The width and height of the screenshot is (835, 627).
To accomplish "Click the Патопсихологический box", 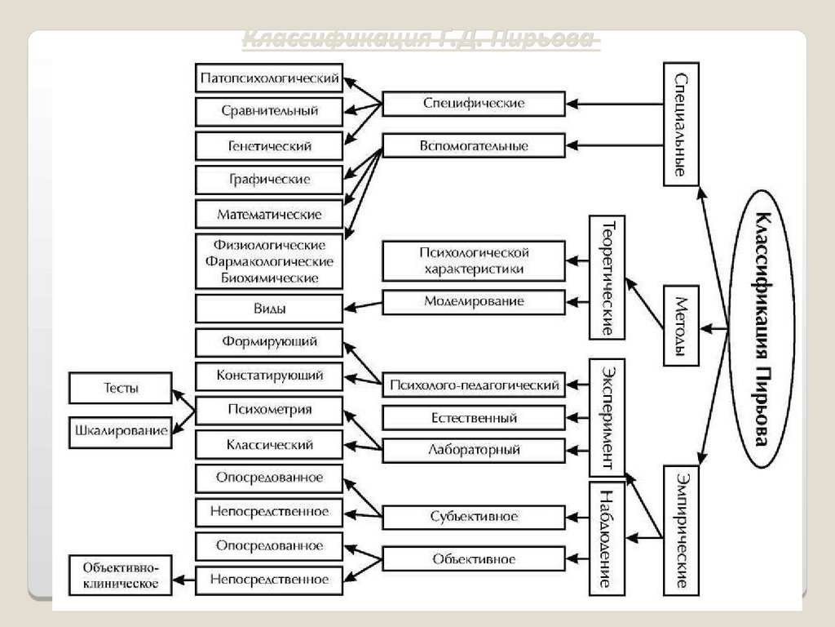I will click(269, 78).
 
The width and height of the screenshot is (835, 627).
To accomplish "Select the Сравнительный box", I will click(269, 111).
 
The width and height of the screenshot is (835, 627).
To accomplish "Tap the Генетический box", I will click(269, 145).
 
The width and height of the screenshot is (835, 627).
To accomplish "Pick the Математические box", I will click(269, 214).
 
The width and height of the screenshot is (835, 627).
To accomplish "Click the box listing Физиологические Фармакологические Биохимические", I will click(269, 261).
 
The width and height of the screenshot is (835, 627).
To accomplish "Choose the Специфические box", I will click(473, 104).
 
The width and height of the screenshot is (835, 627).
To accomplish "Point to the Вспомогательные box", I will click(473, 145).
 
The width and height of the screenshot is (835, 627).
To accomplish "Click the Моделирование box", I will click(473, 301).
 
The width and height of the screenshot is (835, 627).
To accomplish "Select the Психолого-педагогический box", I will click(473, 385).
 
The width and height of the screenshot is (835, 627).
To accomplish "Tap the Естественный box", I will click(473, 417).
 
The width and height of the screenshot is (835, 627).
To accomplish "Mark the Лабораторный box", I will click(473, 450).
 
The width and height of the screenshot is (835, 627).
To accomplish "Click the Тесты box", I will click(121, 388).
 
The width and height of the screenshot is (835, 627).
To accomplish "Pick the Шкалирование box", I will click(121, 430).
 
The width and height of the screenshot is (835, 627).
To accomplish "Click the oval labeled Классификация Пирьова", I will click(760, 328).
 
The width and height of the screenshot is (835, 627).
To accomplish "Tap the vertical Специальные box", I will click(681, 124).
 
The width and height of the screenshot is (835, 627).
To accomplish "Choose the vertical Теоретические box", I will click(607, 277).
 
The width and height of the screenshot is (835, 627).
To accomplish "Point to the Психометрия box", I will click(269, 410).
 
